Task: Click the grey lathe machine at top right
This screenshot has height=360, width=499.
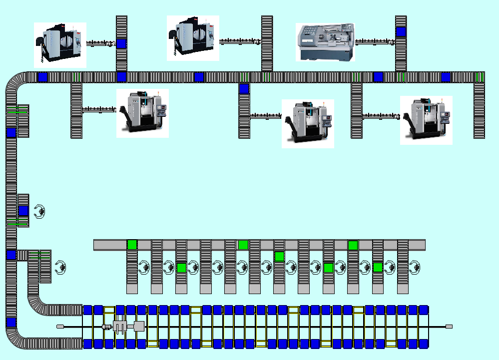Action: coord(325,42)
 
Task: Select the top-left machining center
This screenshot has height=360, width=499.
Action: coord(60,44)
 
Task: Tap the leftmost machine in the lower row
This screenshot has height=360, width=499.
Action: coord(142,112)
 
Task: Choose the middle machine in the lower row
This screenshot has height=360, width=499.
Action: coord(308,123)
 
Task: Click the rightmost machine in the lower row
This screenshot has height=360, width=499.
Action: coord(426,120)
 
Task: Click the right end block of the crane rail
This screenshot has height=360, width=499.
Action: coord(449,327)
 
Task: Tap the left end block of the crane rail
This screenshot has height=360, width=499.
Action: coord(60,327)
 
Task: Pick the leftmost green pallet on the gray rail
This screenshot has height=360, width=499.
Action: coord(132,245)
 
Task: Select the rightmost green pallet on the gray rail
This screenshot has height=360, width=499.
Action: coord(353,245)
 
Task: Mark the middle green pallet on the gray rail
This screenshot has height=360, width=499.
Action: coord(243,245)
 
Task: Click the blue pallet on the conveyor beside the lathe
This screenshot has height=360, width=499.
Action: coord(401,32)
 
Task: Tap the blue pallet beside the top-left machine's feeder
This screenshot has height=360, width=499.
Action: coord(121,44)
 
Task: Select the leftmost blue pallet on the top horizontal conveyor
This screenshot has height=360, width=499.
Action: coord(42,77)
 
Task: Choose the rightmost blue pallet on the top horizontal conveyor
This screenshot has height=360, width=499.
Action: coord(446,77)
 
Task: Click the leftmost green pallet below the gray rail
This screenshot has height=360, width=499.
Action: coord(181,268)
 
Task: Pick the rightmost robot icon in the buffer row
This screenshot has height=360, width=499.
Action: coord(414,267)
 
